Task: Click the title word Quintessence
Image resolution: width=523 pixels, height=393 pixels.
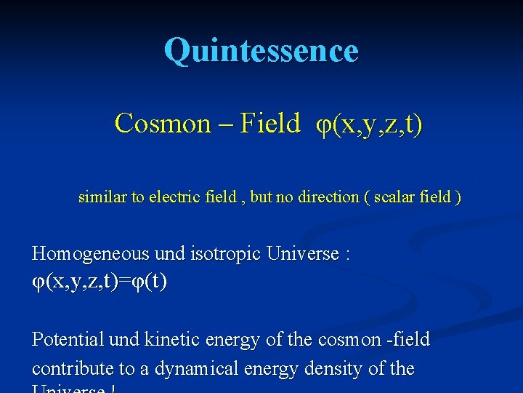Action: coord(261,51)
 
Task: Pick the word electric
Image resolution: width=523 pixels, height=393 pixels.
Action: coord(174,196)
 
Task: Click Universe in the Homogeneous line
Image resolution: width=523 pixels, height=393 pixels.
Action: coord(303,254)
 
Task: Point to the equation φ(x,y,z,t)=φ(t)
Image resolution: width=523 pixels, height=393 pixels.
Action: coord(100,282)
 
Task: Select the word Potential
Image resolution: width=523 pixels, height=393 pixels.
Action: coord(70,339)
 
